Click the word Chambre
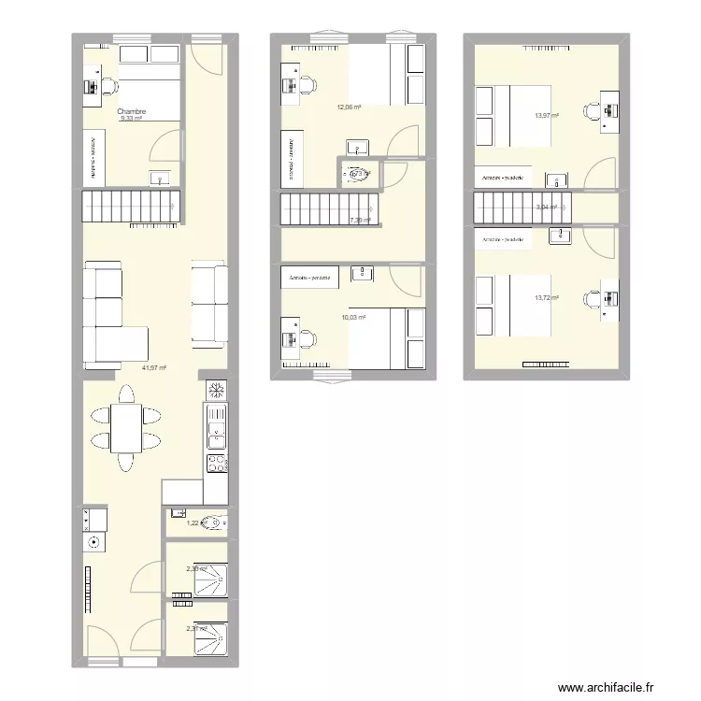[x=132, y=111]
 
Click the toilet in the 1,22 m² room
[x=217, y=522]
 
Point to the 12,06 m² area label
[x=350, y=107]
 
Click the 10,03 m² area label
[x=353, y=318]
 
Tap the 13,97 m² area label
[x=546, y=116]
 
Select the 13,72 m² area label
[x=546, y=298]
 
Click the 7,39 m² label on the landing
[x=360, y=221]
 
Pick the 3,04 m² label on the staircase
[x=546, y=207]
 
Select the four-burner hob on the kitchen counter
[x=216, y=462]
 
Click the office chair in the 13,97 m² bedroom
[x=592, y=111]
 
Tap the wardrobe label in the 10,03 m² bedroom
[x=310, y=278]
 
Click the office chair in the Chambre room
[x=107, y=85]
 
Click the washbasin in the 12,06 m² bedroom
[x=357, y=146]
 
